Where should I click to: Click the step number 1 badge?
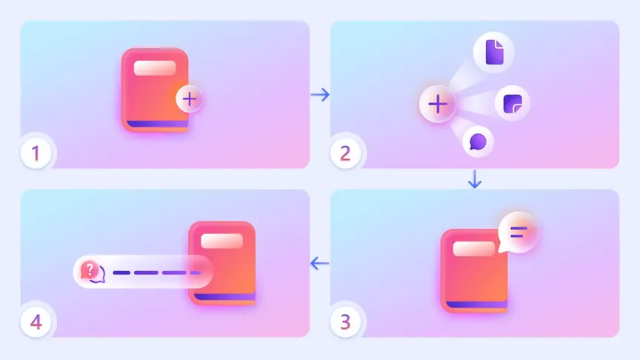36,153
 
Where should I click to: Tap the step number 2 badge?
345,153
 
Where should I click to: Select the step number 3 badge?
345,322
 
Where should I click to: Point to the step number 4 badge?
36,322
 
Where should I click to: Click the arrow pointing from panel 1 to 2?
320,95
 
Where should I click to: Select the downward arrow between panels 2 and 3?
475,179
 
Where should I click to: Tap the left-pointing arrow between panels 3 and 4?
319,263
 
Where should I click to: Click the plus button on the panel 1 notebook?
190,99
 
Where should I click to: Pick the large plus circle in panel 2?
438,104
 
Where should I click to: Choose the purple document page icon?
494,52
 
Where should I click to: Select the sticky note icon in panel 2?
513,104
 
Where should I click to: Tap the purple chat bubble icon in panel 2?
478,142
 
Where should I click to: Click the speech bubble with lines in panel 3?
518,233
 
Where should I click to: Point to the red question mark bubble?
90,270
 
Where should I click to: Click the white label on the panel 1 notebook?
155,68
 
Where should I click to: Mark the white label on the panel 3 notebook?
474,249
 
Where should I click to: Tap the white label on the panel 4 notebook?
221,241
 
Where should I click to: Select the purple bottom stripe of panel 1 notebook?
158,124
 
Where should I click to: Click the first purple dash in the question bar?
121,273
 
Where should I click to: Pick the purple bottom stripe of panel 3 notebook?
477,304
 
